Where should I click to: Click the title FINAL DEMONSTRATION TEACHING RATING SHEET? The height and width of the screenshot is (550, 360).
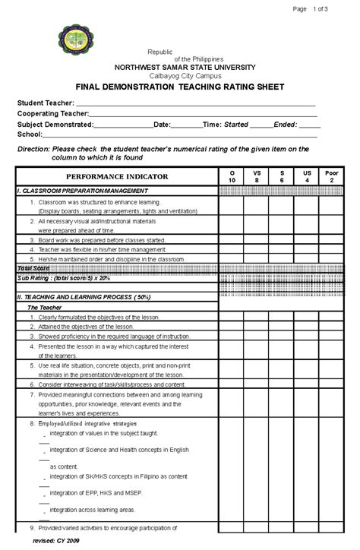(x=179, y=87)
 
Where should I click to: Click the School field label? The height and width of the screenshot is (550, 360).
(x=30, y=133)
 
